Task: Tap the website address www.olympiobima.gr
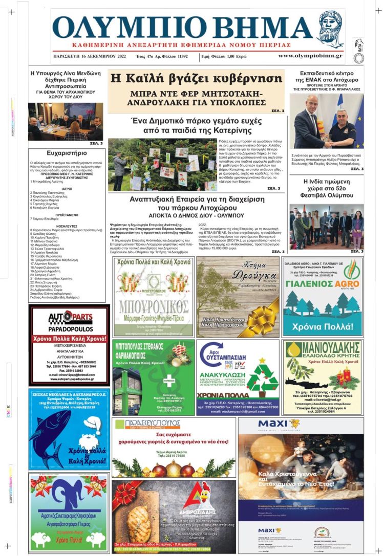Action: pyautogui.click(x=310, y=56)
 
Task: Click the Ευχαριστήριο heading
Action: pyautogui.click(x=67, y=152)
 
